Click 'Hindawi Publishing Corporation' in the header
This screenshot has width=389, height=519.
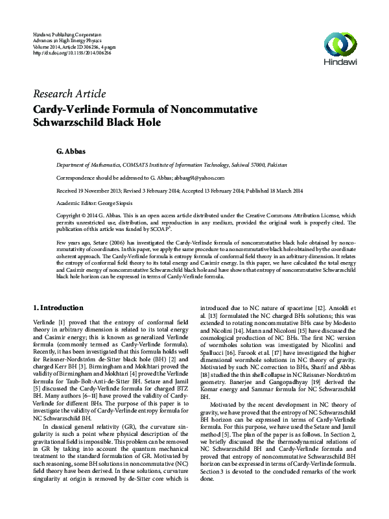point(67,34)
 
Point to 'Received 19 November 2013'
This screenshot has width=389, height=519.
point(91,190)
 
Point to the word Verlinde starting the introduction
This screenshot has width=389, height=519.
point(44,322)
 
